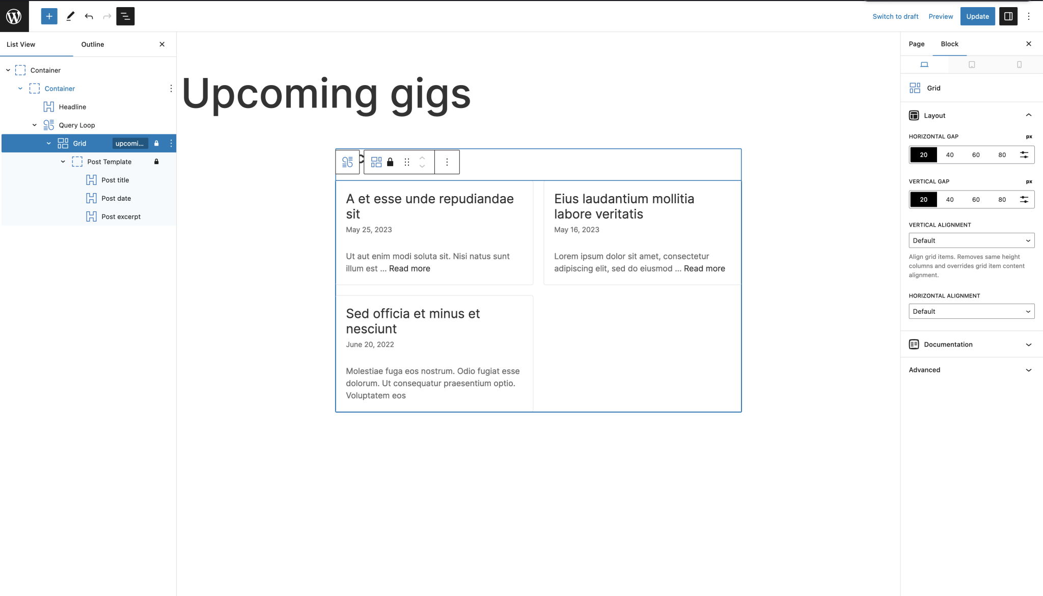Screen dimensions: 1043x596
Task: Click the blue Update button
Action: click(977, 16)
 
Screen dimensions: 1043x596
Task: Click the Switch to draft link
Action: click(895, 16)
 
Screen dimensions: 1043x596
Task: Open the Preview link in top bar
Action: click(941, 16)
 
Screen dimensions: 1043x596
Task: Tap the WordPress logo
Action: click(14, 16)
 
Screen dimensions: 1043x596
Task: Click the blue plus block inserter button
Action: click(49, 16)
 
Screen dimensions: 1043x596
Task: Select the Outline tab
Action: click(93, 44)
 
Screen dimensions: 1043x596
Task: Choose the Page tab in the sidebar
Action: click(917, 44)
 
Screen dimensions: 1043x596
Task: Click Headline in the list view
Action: click(72, 107)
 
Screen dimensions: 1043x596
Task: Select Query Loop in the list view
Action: click(77, 125)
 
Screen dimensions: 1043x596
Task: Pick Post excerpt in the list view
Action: click(121, 216)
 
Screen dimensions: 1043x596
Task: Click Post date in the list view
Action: click(116, 198)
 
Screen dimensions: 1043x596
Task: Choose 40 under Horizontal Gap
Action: click(950, 155)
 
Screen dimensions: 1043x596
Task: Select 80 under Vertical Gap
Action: click(1002, 200)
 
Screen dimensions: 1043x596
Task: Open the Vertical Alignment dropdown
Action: click(971, 240)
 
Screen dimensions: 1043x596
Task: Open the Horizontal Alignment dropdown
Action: click(971, 311)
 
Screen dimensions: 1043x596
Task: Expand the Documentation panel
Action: click(971, 344)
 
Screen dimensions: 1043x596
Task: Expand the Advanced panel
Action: click(971, 370)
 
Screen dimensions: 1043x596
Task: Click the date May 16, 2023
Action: click(577, 230)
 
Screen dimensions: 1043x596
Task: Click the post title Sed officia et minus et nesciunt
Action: click(413, 321)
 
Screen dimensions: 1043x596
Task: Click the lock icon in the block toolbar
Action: click(390, 162)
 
